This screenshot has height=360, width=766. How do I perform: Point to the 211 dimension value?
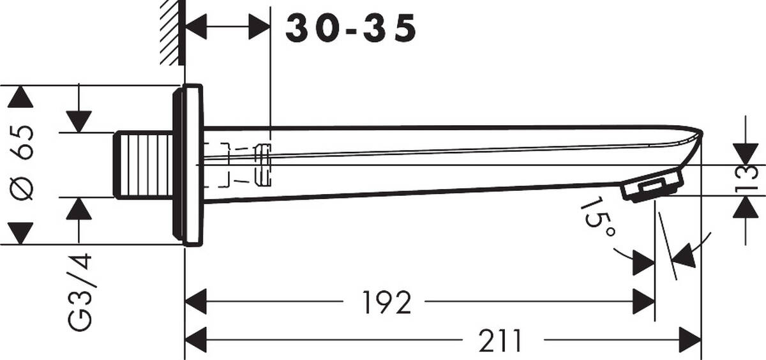pyautogui.click(x=500, y=341)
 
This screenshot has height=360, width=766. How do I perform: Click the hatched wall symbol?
pyautogui.click(x=170, y=32)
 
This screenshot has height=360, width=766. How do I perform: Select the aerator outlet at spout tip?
pyautogui.click(x=651, y=188)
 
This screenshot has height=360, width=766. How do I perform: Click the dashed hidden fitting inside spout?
pyautogui.click(x=243, y=165)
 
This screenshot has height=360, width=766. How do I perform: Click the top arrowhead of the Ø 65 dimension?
pyautogui.click(x=20, y=97)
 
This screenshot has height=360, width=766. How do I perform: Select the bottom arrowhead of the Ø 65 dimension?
pyautogui.click(x=20, y=232)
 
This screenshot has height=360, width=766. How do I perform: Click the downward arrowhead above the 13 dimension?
pyautogui.click(x=745, y=153)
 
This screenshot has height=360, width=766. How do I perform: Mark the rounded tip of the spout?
pyautogui.click(x=698, y=135)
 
